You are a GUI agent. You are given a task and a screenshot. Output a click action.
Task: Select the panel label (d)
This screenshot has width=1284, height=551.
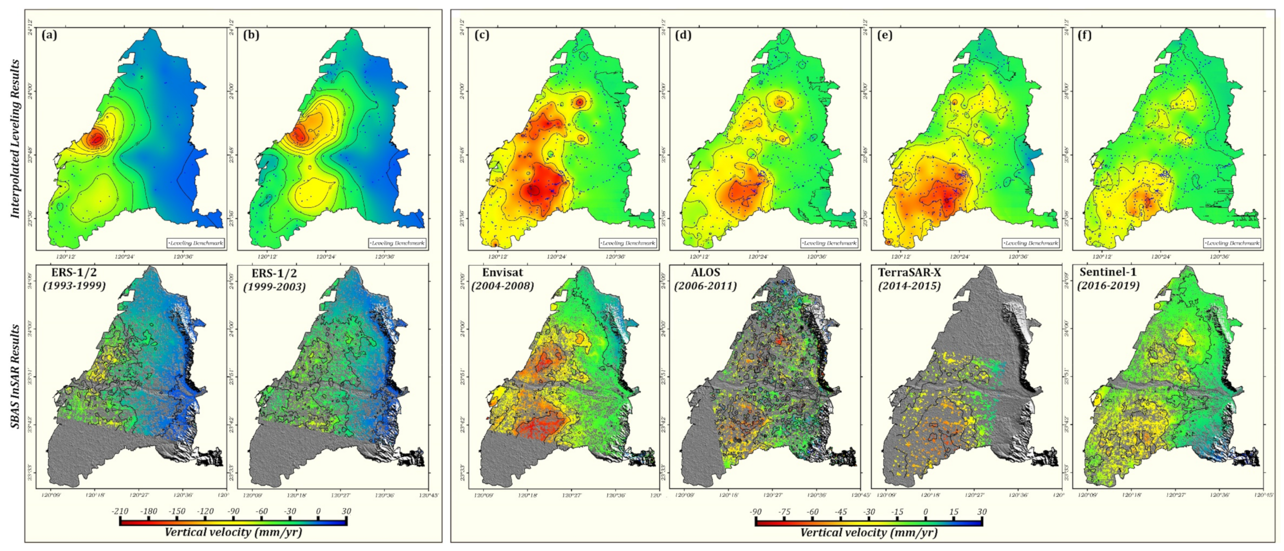[683, 36]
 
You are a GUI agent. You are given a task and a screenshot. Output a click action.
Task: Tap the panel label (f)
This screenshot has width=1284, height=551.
[1084, 36]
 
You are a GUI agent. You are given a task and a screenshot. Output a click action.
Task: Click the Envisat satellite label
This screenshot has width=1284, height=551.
[503, 272]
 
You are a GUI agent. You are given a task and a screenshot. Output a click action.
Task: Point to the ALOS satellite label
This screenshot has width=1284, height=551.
[705, 272]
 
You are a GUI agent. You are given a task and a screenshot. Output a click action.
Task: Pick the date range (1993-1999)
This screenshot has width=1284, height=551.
[74, 286]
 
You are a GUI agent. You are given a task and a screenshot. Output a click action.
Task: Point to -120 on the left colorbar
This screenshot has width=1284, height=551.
[205, 511]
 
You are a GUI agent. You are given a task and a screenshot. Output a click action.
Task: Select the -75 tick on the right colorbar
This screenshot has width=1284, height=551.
[784, 512]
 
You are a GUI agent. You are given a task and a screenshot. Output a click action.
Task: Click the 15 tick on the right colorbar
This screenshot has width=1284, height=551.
[953, 512]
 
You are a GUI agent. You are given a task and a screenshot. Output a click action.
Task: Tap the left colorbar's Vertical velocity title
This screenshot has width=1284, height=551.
[233, 532]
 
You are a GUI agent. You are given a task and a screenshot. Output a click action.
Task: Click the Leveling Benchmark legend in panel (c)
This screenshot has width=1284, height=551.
[628, 243]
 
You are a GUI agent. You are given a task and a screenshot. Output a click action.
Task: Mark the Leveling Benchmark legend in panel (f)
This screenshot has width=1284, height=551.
[1231, 243]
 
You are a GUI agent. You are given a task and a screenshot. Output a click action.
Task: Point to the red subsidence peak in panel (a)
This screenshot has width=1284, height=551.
[97, 139]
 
